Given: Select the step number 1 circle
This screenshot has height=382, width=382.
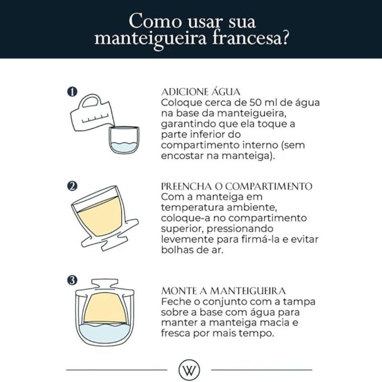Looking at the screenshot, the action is point(72,92).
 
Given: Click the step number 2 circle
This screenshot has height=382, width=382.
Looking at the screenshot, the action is point(72,186).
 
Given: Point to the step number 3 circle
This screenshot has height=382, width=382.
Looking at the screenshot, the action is point(72,280).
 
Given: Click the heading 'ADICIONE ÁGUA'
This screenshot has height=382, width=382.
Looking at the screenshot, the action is point(201,92).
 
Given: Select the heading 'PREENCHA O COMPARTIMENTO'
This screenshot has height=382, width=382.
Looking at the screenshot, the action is point(236,186).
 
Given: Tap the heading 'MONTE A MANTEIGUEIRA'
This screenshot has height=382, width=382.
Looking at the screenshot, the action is point(223,291).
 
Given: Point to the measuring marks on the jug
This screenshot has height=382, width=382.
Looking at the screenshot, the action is point(95,118).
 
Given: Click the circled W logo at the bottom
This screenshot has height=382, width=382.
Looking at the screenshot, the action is point(189,370).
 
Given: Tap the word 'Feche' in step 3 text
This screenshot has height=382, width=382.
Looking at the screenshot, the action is point(176,302).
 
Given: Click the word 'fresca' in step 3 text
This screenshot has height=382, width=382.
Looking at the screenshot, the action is point(176,333).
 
